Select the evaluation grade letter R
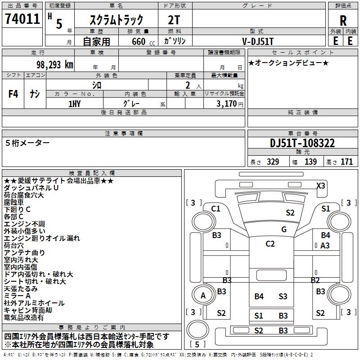343,21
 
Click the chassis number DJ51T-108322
302,144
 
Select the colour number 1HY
74,103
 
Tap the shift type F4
13,94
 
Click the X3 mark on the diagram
320,185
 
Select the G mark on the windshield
283,229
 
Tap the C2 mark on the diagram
270,244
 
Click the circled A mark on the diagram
203,296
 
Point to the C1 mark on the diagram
216,208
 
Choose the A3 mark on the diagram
325,246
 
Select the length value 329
273,162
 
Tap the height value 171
346,162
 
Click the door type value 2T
174,20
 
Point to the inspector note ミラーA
17,296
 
